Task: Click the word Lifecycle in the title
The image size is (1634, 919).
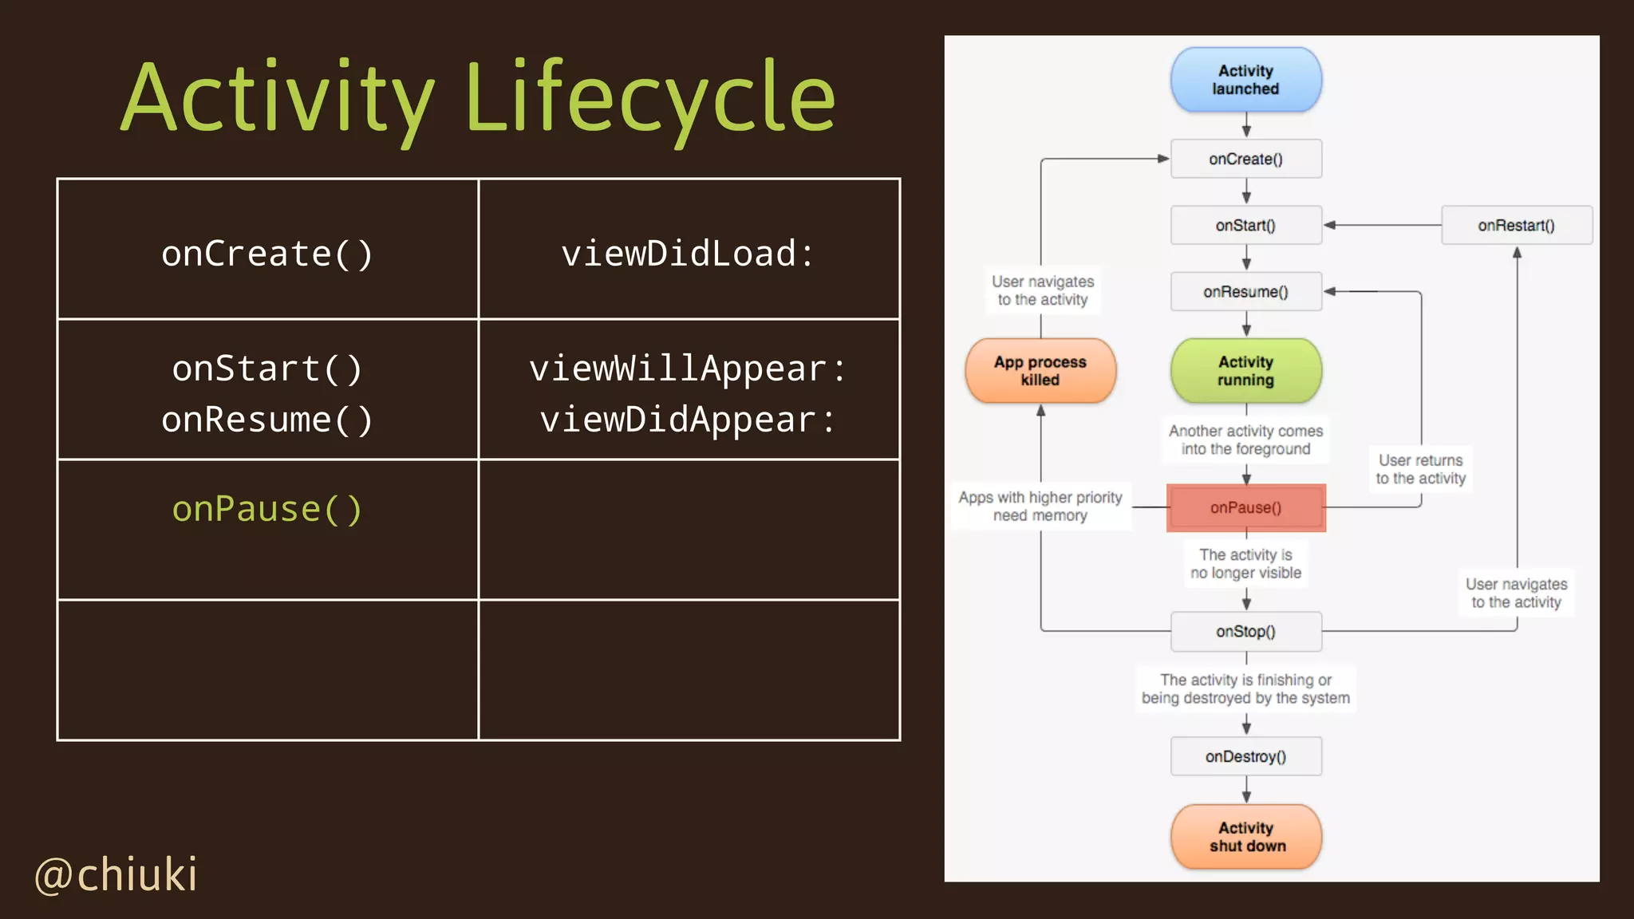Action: (649, 97)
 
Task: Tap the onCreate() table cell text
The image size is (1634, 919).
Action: (267, 254)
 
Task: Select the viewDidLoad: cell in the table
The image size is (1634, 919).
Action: (688, 254)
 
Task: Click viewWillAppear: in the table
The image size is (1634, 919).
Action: (688, 369)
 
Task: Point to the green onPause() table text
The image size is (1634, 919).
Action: (267, 509)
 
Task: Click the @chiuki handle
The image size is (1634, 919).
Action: (116, 874)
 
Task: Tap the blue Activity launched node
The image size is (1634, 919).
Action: (1245, 80)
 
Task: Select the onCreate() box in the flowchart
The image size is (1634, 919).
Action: (1245, 159)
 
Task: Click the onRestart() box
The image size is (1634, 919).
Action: (1516, 225)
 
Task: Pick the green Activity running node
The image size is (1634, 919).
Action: (1245, 371)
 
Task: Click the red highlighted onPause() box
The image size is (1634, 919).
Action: (1245, 507)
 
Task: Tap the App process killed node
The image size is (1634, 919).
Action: (1040, 371)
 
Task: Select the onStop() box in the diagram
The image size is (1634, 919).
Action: (1245, 631)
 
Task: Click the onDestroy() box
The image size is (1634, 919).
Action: (1245, 756)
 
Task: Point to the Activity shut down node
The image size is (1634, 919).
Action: (1245, 836)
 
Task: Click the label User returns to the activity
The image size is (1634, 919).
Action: (1420, 469)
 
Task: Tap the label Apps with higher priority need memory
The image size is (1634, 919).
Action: (1040, 506)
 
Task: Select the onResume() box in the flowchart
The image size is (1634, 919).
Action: (1245, 292)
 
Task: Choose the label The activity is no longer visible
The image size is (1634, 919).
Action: (1245, 563)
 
